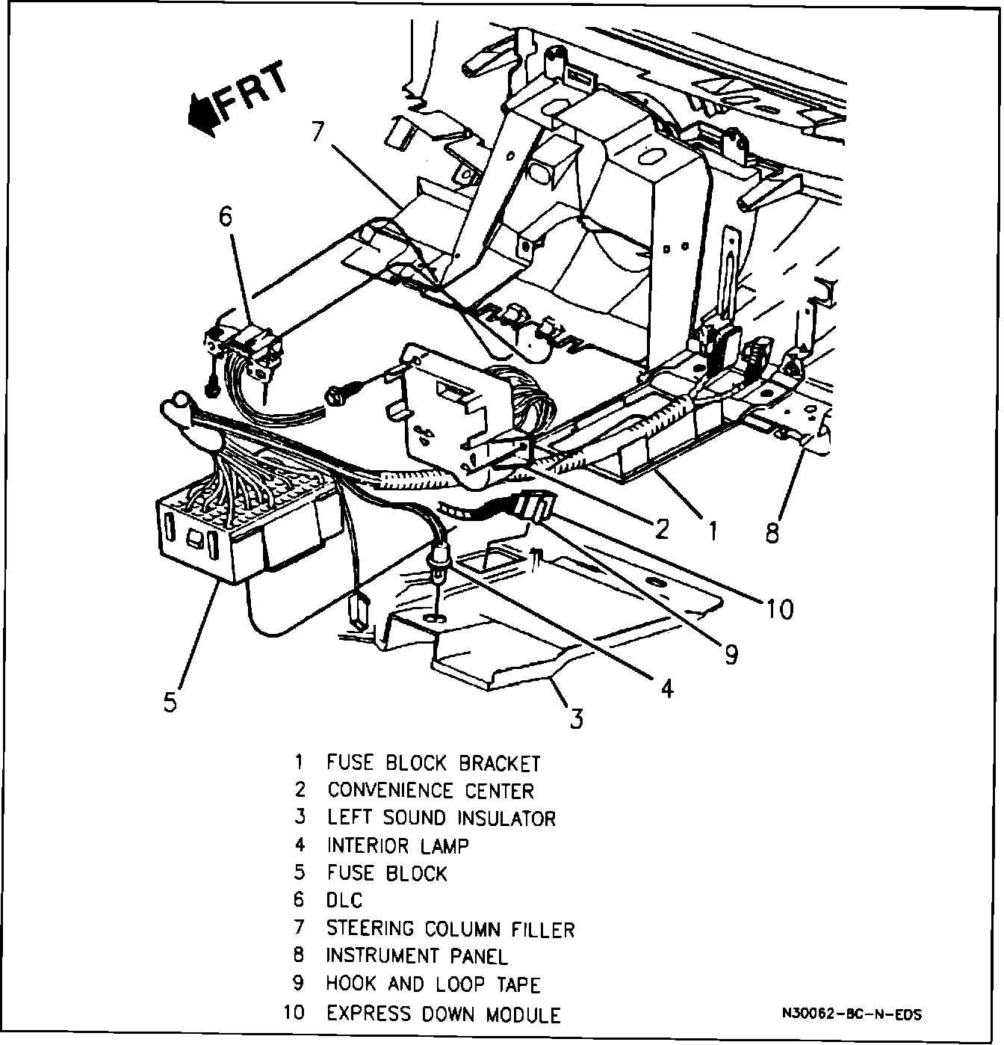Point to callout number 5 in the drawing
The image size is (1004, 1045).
170,703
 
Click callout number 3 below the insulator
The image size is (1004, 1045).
576,718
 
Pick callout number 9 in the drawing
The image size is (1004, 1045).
731,655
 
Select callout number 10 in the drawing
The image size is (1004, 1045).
779,609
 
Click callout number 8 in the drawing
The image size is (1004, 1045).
772,532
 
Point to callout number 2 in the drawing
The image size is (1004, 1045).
660,528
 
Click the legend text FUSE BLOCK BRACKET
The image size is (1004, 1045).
433,763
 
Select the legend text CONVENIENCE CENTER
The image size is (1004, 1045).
430,791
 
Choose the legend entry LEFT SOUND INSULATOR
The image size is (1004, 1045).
441,818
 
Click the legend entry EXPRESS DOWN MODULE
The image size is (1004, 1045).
444,1014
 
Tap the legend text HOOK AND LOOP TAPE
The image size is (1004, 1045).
433,984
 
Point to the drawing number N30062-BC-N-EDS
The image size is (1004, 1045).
852,1015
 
